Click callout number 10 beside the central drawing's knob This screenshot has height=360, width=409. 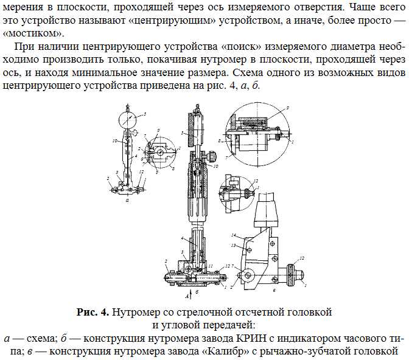215,165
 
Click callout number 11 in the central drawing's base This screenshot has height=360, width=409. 211,266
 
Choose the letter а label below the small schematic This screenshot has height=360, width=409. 127,199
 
